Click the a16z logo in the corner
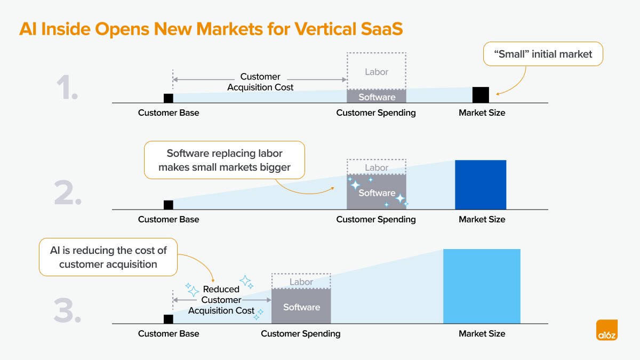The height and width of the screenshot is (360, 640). pos(607,330)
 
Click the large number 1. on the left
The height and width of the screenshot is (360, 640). pos(67,89)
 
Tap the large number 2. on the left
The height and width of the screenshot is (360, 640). pos(68,194)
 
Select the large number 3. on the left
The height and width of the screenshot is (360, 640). pos(68,311)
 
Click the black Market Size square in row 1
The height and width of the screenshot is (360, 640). pos(481,94)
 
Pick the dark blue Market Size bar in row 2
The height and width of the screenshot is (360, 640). pos(480,185)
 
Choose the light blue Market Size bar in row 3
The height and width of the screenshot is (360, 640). pos(482,286)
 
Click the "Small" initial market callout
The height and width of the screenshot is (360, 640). pos(543,54)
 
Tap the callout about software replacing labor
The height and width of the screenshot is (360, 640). pos(224,160)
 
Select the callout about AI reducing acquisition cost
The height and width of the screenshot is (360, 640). pos(108,257)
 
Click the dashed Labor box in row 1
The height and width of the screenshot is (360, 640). pos(377,71)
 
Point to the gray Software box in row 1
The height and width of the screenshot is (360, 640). pos(377,97)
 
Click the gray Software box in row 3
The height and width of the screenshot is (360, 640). pos(301,307)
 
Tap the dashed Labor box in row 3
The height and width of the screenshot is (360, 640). pos(301,282)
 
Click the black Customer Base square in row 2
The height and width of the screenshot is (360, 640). pos(169,205)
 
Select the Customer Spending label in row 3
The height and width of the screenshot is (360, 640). pos(300,334)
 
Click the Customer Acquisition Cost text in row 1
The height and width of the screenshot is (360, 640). pos(260,82)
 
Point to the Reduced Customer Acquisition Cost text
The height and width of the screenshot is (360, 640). pos(221,300)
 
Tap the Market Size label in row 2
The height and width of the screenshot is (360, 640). pos(482,219)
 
